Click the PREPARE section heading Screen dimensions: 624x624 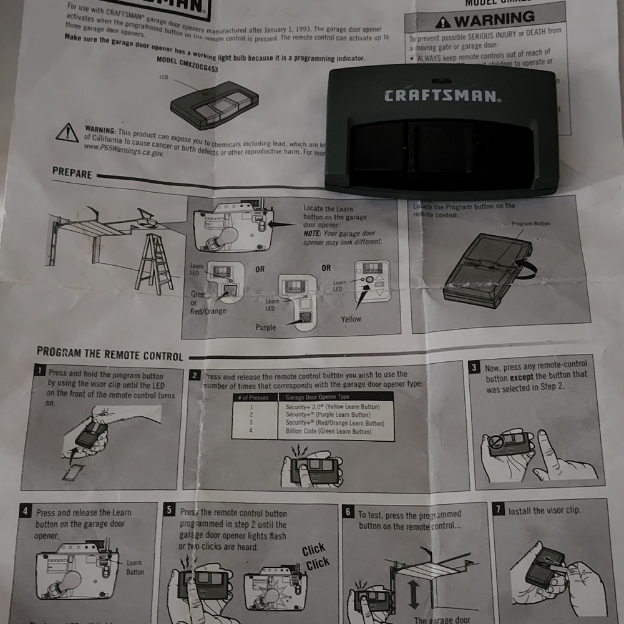click(72, 173)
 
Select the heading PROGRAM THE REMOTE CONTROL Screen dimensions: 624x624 click(110, 354)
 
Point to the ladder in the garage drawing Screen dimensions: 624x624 click(154, 263)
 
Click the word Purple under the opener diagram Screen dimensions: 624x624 click(265, 327)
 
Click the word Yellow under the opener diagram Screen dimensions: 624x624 click(351, 319)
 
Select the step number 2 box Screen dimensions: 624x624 click(195, 375)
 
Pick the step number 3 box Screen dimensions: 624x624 click(475, 367)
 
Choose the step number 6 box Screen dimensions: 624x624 click(348, 512)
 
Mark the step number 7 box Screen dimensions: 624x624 click(499, 509)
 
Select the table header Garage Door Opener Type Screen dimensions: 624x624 click(318, 397)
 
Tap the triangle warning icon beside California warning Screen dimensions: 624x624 click(67, 132)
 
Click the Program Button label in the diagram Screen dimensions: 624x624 click(531, 223)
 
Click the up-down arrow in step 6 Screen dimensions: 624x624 click(413, 593)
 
